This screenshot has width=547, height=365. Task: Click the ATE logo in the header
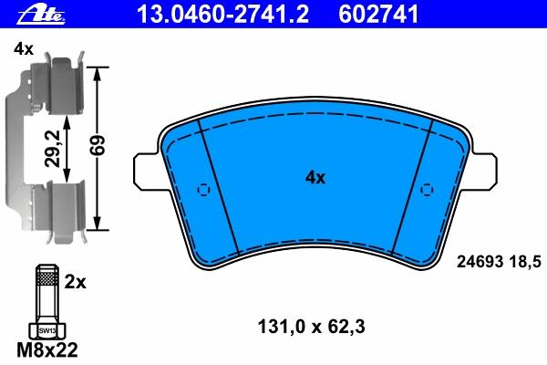point(42,16)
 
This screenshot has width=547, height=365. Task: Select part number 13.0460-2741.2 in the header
point(222,15)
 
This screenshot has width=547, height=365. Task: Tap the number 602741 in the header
point(378,15)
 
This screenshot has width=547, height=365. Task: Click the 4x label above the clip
point(24,49)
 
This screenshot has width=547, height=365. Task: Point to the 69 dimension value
point(98,145)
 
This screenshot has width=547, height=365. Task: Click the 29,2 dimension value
point(53,149)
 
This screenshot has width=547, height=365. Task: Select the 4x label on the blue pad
point(315,178)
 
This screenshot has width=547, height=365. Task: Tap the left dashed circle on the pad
point(203,190)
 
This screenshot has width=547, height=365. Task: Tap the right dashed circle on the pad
point(427,190)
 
